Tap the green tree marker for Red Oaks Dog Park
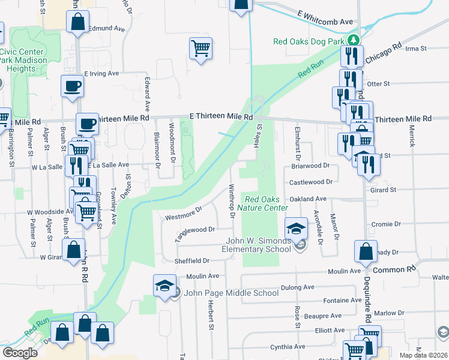355,41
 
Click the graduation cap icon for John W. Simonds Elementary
295,229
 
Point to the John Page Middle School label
231,293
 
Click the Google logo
20,353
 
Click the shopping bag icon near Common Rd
366,253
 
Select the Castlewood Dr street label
311,181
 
